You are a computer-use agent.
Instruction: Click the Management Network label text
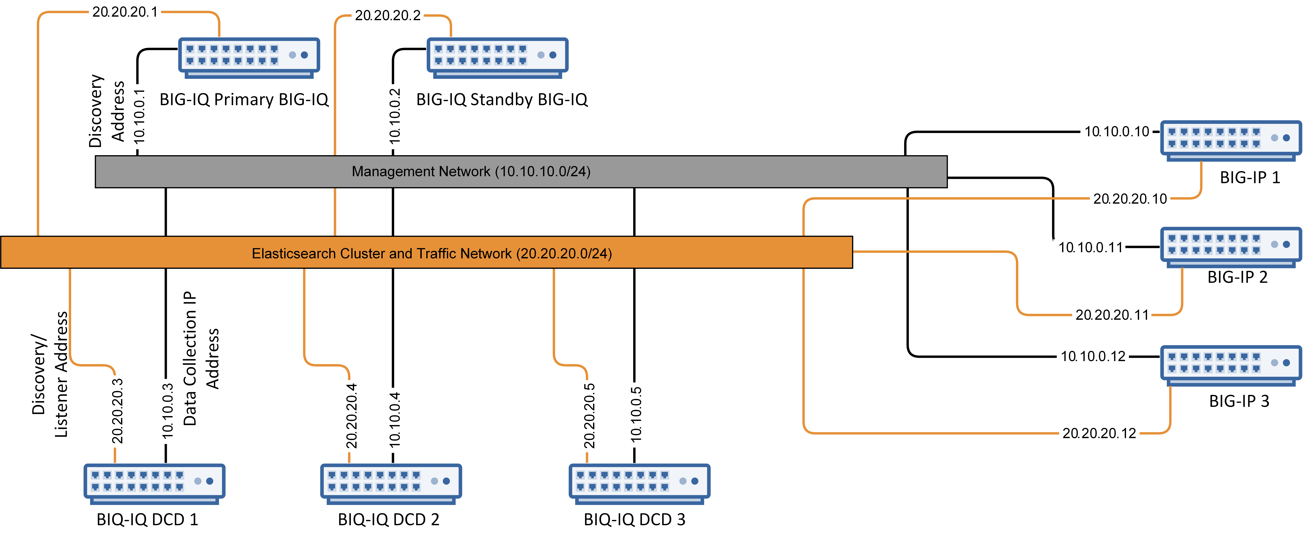(471, 172)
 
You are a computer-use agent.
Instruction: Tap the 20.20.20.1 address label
(125, 12)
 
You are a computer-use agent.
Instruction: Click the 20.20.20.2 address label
(388, 15)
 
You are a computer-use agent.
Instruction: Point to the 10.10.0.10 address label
(1117, 132)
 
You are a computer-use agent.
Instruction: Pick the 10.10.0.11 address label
(1090, 248)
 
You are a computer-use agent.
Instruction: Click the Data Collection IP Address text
(201, 358)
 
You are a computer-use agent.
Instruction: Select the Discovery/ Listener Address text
(50, 374)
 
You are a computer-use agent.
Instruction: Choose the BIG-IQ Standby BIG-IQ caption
(502, 99)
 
